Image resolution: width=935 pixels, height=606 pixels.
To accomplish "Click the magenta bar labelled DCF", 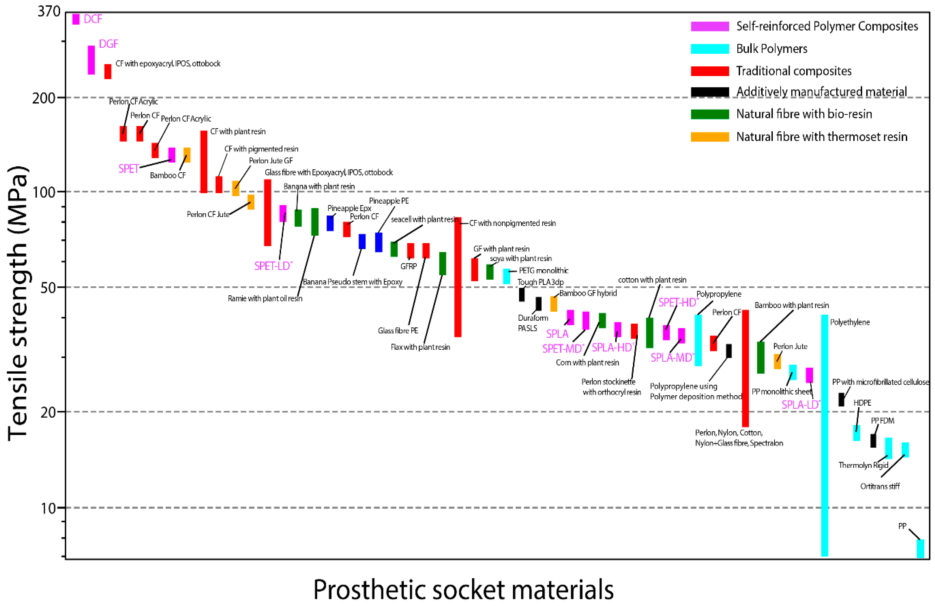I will tap(76, 19).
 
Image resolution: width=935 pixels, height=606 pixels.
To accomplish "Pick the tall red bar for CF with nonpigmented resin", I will tap(458, 277).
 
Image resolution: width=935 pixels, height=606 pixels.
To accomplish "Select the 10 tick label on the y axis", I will tap(49, 508).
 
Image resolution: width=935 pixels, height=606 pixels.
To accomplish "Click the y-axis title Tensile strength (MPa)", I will tap(18, 302).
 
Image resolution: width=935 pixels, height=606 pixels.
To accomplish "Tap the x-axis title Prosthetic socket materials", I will tap(463, 590).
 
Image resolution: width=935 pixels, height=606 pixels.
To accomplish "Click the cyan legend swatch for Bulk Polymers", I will tap(710, 49).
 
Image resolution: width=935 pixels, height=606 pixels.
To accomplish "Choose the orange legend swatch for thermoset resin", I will tap(710, 137).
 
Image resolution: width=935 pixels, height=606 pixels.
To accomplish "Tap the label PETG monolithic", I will tap(544, 271).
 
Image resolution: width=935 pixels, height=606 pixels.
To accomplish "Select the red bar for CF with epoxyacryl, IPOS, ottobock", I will tap(108, 71).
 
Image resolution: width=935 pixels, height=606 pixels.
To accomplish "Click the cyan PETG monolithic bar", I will tap(507, 276).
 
